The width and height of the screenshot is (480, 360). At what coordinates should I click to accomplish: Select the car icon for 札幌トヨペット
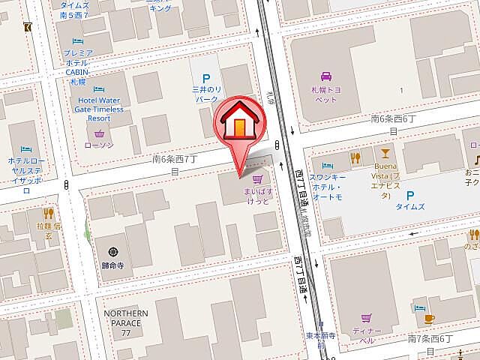tap(327, 76)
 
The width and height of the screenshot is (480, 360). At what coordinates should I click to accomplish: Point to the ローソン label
tap(99, 145)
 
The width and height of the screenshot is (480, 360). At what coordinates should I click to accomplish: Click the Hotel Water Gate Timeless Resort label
tap(99, 109)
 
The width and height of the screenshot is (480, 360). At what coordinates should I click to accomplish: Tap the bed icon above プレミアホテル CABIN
tap(77, 41)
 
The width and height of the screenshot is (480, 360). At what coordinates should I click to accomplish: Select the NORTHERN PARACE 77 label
tap(126, 322)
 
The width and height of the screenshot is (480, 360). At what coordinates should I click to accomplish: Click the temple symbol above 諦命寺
tap(113, 251)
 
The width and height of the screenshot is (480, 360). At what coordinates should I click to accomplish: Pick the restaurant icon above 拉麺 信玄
tap(49, 214)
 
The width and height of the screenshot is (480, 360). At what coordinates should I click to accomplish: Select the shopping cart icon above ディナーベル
tap(365, 317)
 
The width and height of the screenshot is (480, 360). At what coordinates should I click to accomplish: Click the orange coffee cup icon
tap(429, 319)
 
